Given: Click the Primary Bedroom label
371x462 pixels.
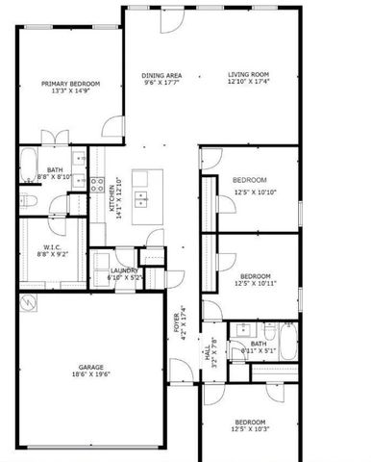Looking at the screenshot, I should pos(70,85).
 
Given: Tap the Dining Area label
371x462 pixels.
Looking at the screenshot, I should pos(161,75).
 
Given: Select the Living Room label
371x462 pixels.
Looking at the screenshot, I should pos(248,75).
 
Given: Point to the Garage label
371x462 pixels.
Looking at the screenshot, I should pos(91,368).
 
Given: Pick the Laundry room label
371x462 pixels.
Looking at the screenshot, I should pos(125,270).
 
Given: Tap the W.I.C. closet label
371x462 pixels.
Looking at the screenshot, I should pos(52,248).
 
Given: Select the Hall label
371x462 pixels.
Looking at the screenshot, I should pos(207,354).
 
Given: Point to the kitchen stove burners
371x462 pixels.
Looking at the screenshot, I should pos(96,184).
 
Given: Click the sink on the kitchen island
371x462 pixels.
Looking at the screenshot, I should pos(141,199).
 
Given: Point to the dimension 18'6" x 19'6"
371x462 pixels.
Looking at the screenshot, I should pos(91,377).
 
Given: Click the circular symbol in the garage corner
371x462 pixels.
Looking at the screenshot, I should pos(29,304).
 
